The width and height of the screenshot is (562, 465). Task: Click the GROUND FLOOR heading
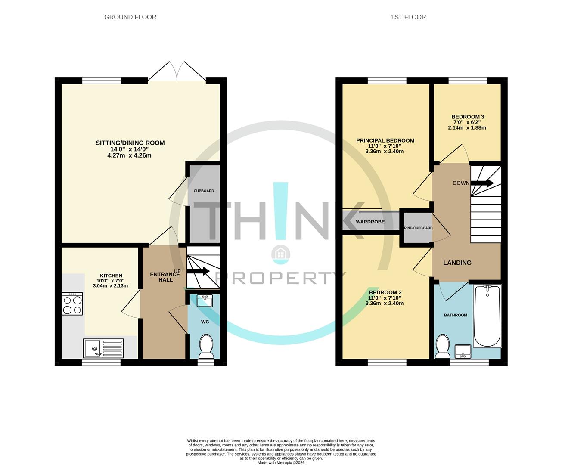tap(130, 17)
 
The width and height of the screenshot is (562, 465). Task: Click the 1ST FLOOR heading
tap(408, 17)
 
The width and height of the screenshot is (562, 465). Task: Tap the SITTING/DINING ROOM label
tap(130, 143)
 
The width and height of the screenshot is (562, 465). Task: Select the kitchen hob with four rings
tap(72, 304)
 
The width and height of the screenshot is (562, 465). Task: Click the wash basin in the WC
tap(205, 301)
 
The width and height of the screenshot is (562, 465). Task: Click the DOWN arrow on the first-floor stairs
tap(482, 183)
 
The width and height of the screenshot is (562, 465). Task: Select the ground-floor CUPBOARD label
tap(204, 191)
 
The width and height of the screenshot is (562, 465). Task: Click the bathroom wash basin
tap(463, 351)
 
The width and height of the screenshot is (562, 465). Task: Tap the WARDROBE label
tap(370, 222)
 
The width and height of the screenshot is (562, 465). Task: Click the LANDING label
tap(457, 263)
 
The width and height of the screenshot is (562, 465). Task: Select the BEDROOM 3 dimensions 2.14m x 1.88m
tap(467, 128)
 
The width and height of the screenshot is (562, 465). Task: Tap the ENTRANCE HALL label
tap(165, 277)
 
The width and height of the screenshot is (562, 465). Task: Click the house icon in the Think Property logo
tap(280, 254)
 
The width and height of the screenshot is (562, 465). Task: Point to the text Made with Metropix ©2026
tap(281, 462)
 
